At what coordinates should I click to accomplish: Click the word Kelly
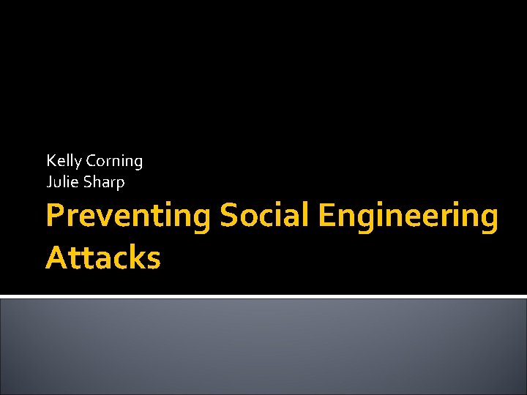coord(64,161)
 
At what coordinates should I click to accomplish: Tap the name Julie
coord(62,182)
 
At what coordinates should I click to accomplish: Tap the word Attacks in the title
coord(102,257)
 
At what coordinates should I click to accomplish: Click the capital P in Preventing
coord(54,217)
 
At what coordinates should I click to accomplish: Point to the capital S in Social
coord(228,217)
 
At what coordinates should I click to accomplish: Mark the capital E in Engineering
coord(328,217)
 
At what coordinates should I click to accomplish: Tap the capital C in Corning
coord(91,160)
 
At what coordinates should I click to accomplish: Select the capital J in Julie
coord(49,182)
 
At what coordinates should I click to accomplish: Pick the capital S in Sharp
coord(91,182)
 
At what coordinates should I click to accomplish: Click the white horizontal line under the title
coord(263,296)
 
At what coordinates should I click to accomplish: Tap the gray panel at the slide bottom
coord(263,347)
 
